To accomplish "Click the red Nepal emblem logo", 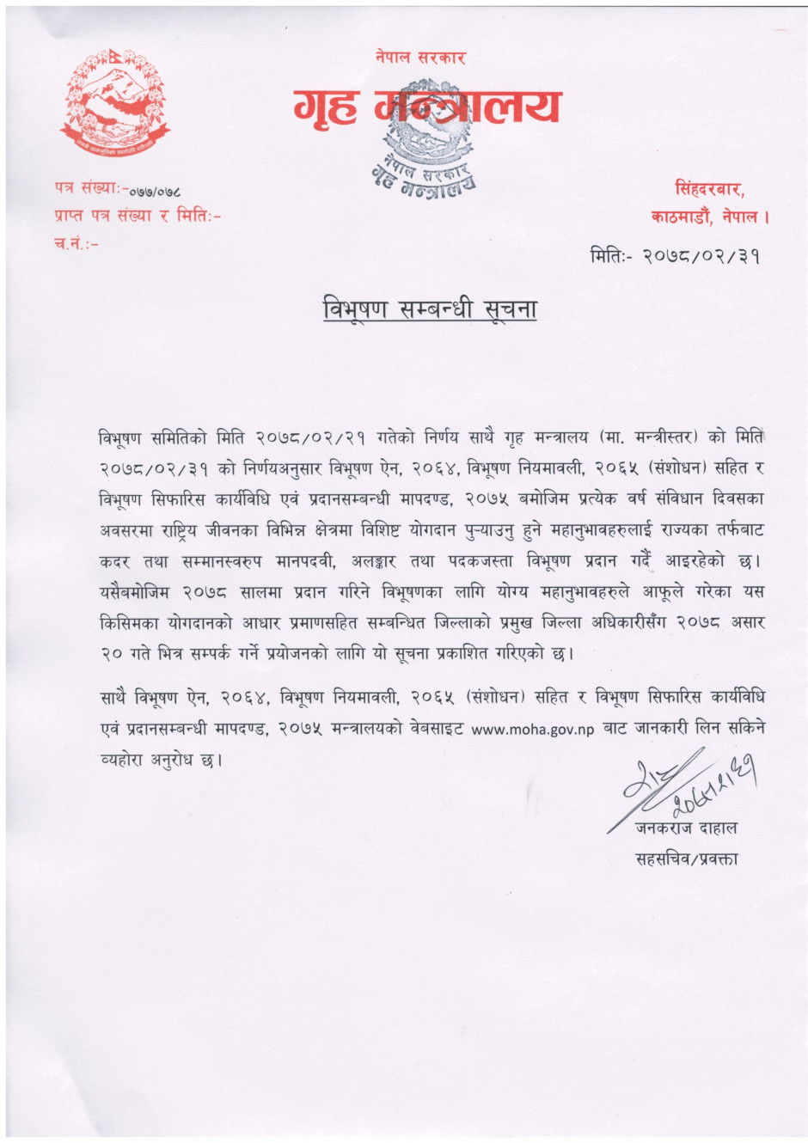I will coord(114,103).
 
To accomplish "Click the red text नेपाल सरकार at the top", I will coord(419,58).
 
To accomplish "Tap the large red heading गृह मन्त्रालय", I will coord(426,107).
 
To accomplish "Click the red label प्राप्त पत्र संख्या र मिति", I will coord(136,215).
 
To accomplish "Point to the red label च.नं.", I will coord(76,243).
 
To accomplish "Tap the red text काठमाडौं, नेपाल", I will coord(709,217).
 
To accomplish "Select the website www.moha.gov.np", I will coord(533,729).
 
